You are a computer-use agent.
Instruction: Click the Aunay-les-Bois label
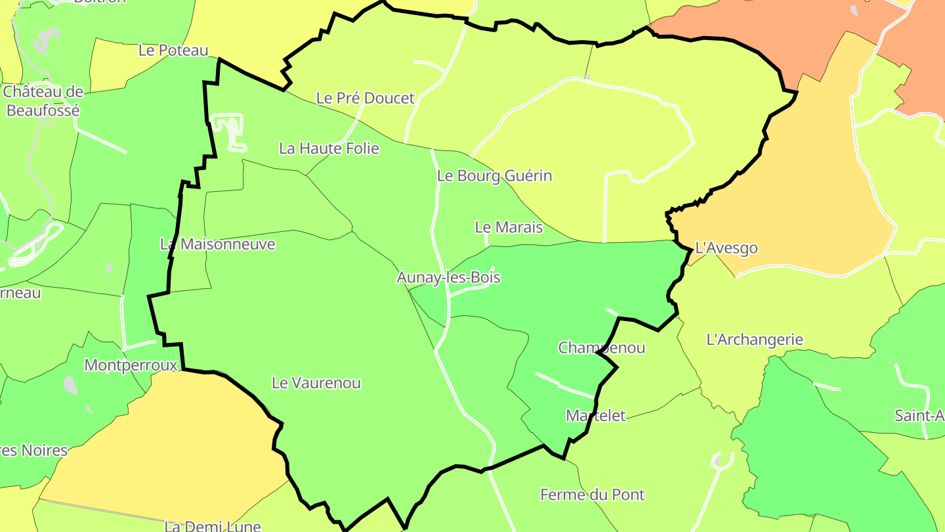click(448, 278)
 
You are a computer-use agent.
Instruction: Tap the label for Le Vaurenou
click(316, 383)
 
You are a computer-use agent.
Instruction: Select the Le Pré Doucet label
click(365, 99)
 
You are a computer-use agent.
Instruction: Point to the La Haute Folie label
click(329, 148)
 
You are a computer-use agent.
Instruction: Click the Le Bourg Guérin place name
click(494, 176)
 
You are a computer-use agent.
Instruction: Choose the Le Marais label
click(509, 227)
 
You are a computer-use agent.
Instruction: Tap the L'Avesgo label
click(726, 248)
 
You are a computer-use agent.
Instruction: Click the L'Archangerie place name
click(754, 340)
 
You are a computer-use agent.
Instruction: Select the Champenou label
click(601, 348)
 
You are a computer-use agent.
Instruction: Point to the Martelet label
click(595, 416)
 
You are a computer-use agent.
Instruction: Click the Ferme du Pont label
click(592, 495)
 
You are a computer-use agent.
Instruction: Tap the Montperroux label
click(131, 365)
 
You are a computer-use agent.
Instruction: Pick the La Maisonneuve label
click(217, 244)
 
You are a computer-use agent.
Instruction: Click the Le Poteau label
click(173, 51)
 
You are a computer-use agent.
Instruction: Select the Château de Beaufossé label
click(43, 100)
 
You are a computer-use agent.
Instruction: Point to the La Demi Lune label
click(213, 526)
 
